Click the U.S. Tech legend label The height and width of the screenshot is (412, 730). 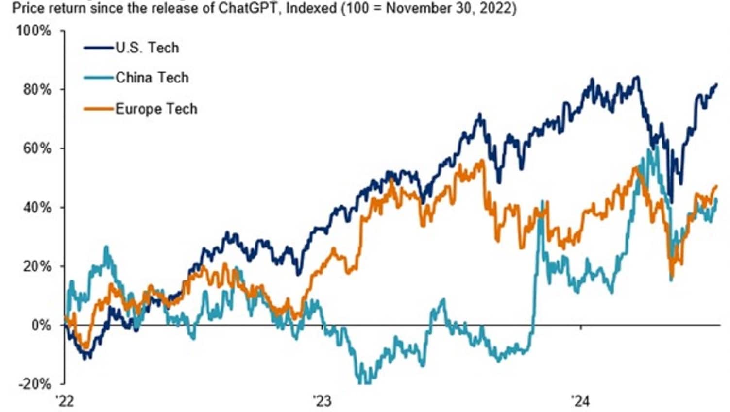pyautogui.click(x=147, y=48)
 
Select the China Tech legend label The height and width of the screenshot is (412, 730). pyautogui.click(x=152, y=78)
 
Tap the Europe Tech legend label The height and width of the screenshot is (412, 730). pyautogui.click(x=156, y=109)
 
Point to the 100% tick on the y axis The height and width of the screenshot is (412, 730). pyautogui.click(x=34, y=31)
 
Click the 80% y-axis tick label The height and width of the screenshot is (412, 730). pyautogui.click(x=37, y=90)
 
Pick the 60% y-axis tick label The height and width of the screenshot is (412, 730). pyautogui.click(x=37, y=148)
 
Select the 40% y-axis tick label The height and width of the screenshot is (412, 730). pyautogui.click(x=37, y=208)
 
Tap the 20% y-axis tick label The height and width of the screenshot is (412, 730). pyautogui.click(x=37, y=266)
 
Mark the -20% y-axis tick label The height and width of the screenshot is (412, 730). pyautogui.click(x=34, y=384)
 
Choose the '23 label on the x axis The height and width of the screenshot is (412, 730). pyautogui.click(x=322, y=402)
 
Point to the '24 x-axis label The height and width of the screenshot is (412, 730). pyautogui.click(x=580, y=402)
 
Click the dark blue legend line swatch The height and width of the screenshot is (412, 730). pyautogui.click(x=99, y=48)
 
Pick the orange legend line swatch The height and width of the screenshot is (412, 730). pyautogui.click(x=99, y=109)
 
